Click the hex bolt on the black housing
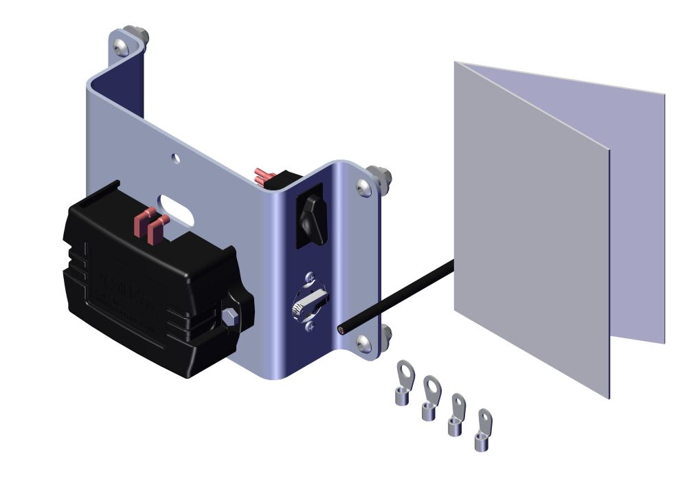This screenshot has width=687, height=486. (x=229, y=318)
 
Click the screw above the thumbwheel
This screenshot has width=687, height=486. (x=309, y=278)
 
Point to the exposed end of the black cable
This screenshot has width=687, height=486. (x=341, y=331)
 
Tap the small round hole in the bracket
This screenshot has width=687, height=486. (x=177, y=159)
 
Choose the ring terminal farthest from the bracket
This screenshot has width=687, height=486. (x=484, y=430)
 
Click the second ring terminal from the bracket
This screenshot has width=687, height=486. (x=430, y=399)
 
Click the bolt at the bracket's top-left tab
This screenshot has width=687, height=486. (x=122, y=46)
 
